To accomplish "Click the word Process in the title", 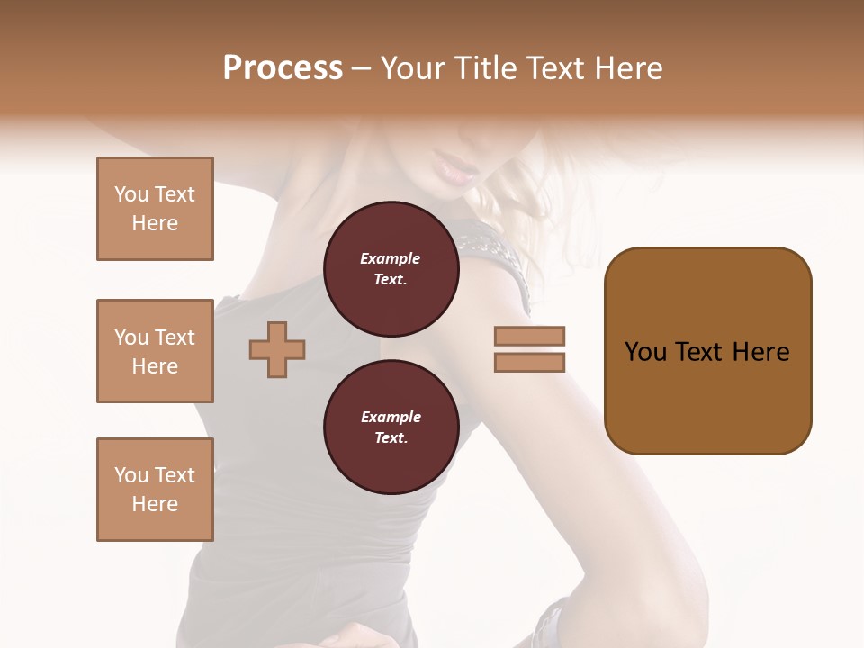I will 283,68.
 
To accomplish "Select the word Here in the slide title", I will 629,68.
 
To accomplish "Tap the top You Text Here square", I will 155,209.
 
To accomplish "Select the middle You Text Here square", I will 155,351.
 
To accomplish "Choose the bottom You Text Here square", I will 155,490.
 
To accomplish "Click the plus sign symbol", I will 277,349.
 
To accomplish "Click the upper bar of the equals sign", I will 529,337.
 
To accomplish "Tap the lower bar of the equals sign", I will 529,363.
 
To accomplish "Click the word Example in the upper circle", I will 391,258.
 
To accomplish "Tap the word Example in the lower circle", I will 391,417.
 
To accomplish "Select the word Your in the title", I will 413,68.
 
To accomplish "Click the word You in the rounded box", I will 645,352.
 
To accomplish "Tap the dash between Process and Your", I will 362,69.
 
